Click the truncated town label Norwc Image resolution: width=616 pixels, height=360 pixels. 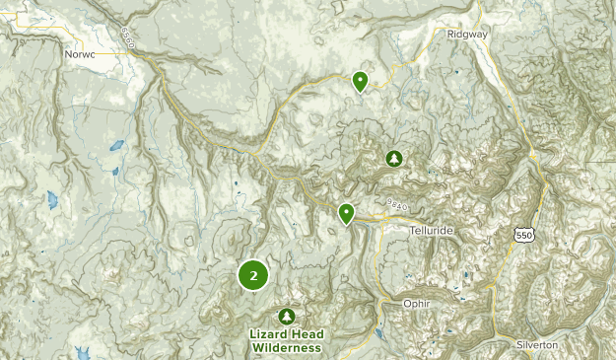pos(81,56)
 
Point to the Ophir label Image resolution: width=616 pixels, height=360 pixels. pos(417,304)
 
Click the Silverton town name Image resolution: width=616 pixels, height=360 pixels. pos(536,344)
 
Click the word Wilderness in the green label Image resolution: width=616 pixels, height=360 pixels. pos(285,348)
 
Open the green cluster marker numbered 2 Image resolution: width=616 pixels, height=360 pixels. pos(253,275)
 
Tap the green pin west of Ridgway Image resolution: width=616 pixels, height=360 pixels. pos(361,81)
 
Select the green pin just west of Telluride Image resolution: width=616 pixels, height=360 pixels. pos(346,212)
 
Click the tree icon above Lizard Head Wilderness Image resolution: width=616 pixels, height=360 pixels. pos(286,316)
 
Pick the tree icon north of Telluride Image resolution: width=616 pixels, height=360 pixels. pos(394,158)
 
